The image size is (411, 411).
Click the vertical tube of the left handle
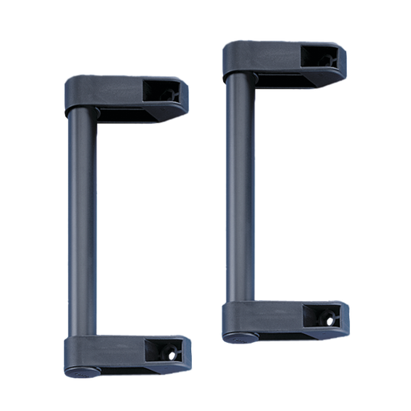click(x=82, y=225)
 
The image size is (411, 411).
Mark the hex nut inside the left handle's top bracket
click(x=171, y=94)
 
